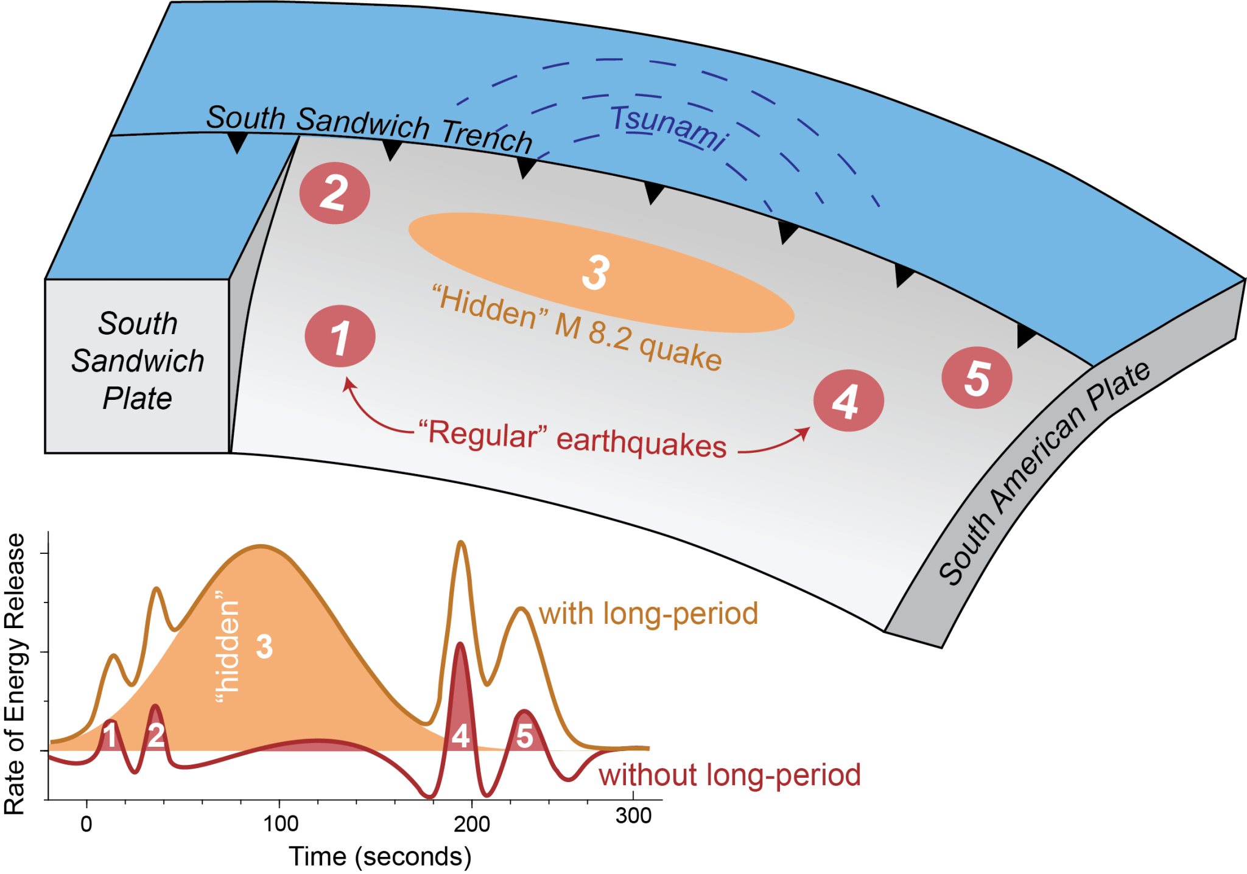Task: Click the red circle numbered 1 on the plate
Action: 340,337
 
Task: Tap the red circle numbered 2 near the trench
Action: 334,193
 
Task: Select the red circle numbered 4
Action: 848,400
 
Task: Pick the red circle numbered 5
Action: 977,377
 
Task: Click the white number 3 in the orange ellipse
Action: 595,273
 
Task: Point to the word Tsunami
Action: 669,127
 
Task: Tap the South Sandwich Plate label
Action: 138,361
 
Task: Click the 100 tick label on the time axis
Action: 281,824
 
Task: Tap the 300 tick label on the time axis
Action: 633,816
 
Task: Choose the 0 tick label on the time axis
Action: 86,824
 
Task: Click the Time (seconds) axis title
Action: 380,856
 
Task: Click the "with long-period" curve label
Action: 648,614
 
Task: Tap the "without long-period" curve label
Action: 729,775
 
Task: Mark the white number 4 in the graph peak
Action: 460,736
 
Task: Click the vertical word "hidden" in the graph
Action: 228,651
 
